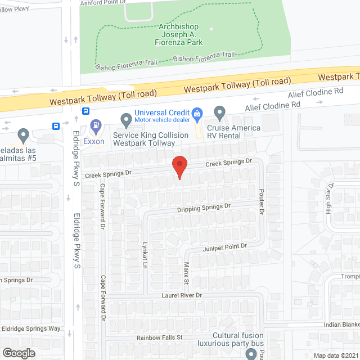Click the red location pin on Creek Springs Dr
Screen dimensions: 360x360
point(179,166)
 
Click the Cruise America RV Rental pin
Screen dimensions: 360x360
point(219,114)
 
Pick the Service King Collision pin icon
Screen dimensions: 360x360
point(127,119)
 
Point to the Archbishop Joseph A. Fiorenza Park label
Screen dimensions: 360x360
point(180,34)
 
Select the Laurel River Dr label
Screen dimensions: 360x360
point(182,295)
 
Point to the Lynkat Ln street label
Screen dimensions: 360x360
point(143,254)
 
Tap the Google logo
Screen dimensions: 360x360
point(19,353)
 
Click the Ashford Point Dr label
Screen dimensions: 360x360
point(101,3)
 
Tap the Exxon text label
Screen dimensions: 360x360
point(93,141)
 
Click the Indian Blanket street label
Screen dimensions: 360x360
point(341,326)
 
